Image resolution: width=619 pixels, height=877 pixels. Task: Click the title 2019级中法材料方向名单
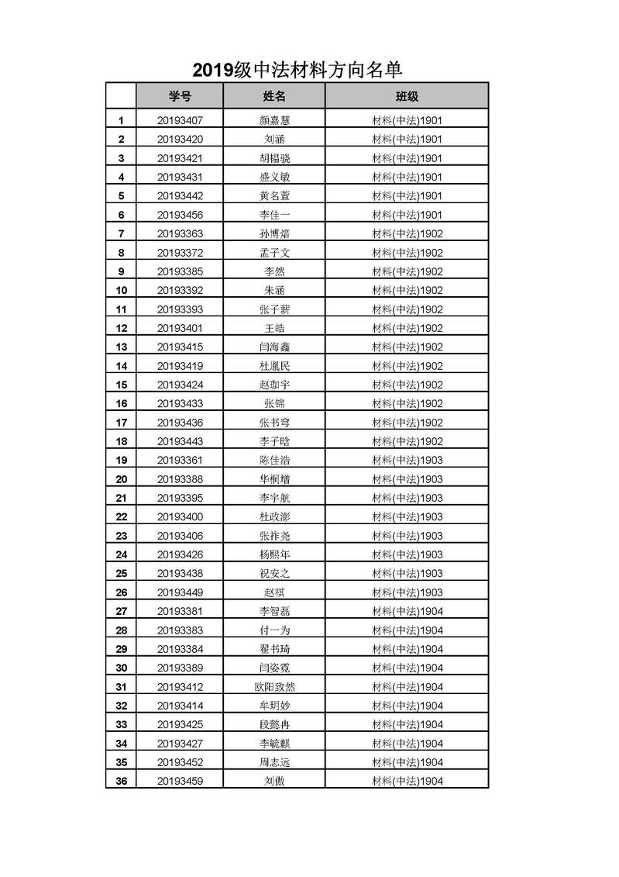pos(297,71)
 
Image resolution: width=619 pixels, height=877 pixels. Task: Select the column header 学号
pos(180,96)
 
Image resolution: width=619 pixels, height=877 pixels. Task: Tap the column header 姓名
pos(274,96)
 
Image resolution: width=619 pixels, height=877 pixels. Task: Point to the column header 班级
pos(407,96)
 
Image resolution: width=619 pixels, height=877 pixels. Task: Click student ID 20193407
pos(180,120)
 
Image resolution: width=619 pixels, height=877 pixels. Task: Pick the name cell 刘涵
pos(274,140)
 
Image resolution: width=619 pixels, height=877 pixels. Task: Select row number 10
pos(121,291)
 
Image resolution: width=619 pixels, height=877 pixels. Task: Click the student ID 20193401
pos(180,328)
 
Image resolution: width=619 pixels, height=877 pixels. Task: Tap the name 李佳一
pos(274,215)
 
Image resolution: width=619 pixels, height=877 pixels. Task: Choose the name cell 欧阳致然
pos(274,687)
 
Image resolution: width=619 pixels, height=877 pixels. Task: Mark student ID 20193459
pos(180,781)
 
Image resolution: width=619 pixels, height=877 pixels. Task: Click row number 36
pos(121,781)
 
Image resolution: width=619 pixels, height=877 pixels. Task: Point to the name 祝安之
pos(274,574)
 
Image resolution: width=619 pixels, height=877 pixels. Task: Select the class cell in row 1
pos(407,120)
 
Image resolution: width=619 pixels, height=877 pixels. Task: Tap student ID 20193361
pos(180,460)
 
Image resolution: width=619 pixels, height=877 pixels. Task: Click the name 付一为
pos(274,630)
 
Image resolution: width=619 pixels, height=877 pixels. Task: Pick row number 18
pos(121,441)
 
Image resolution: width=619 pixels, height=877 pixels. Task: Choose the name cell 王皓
pos(274,328)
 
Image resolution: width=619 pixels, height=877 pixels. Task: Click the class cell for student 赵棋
pos(407,592)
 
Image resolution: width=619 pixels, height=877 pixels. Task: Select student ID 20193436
pos(180,423)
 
